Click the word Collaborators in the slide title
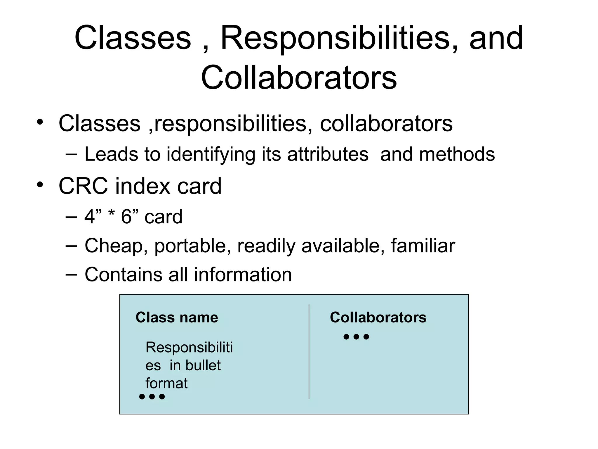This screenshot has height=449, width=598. [299, 78]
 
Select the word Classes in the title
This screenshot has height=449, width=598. [133, 38]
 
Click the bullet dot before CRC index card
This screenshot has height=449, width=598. [40, 185]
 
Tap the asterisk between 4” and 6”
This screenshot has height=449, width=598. [111, 215]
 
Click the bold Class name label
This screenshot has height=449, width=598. [177, 317]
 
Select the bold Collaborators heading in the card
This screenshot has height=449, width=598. [378, 317]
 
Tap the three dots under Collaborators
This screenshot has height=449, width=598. [356, 337]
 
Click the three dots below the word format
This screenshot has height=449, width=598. [152, 397]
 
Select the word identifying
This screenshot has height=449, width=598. [211, 155]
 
